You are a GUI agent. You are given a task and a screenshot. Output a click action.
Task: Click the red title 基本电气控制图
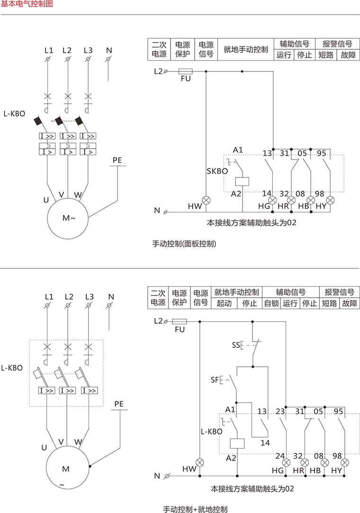(27, 4)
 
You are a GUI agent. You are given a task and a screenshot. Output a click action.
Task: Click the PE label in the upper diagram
(117, 160)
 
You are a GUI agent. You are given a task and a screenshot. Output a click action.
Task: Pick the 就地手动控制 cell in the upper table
(246, 49)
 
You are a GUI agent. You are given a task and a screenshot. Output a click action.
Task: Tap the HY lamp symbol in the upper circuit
(331, 200)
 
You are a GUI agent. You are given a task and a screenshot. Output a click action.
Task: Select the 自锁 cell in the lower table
(272, 303)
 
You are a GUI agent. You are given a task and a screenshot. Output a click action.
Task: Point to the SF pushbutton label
(215, 380)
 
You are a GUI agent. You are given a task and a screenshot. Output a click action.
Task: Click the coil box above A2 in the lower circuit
(237, 443)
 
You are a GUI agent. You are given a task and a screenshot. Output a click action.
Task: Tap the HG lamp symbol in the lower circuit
(286, 462)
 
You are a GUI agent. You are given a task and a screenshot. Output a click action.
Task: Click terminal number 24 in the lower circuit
(280, 456)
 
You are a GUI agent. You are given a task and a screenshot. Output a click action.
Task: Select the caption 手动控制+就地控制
(195, 510)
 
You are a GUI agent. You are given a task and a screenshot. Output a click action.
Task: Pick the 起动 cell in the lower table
(224, 303)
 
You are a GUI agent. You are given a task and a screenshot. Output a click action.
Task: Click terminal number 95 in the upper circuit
(321, 153)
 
